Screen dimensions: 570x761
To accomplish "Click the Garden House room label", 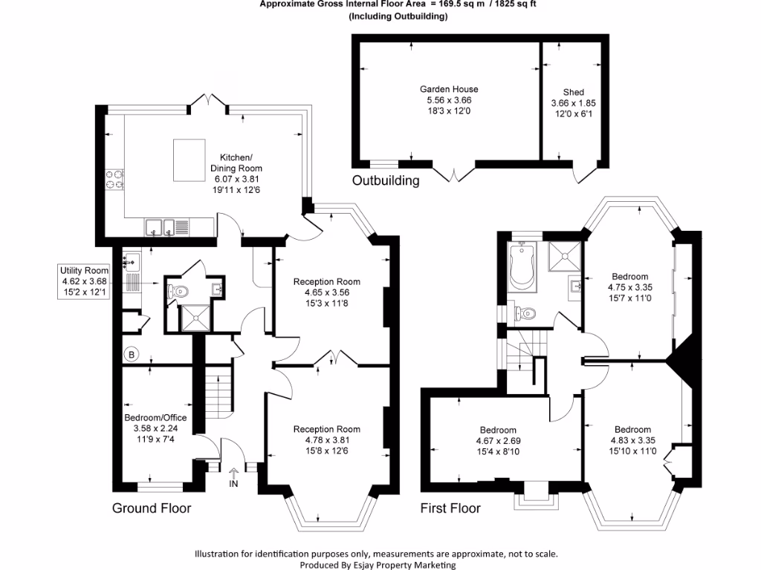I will tap(449, 89).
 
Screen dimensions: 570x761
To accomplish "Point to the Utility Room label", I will tap(85, 271).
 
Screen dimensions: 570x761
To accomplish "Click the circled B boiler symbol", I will tap(132, 355).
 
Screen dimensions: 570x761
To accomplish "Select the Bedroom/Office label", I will tap(155, 418).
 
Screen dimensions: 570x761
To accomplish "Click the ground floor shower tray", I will tap(198, 318).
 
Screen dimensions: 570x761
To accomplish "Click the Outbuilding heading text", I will tap(386, 180).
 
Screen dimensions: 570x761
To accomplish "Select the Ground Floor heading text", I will tap(152, 508).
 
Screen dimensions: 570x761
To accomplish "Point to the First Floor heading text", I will tap(450, 508).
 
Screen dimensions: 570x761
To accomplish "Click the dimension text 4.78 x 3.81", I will tap(326, 439).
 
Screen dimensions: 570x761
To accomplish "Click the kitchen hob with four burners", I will tap(114, 180).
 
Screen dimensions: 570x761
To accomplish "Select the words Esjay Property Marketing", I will tap(407, 565).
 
